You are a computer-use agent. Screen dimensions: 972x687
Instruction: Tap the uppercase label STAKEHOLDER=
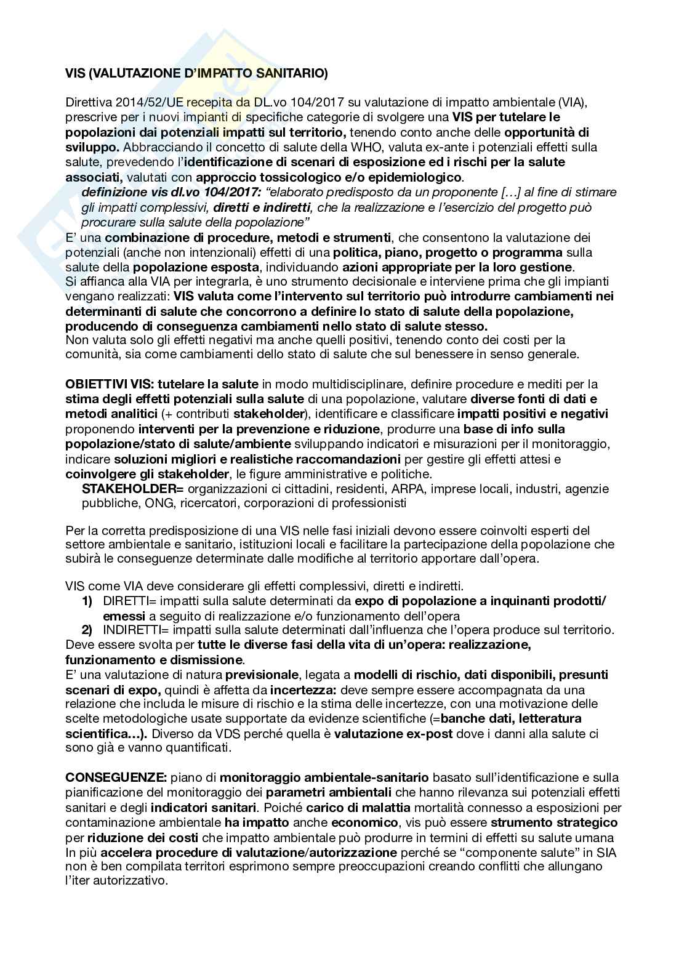coord(133,489)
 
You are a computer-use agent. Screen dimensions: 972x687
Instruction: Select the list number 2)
coord(87,630)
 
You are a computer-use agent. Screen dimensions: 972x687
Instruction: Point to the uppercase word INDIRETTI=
coord(136,630)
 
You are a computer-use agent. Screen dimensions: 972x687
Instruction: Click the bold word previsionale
coord(262,675)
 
